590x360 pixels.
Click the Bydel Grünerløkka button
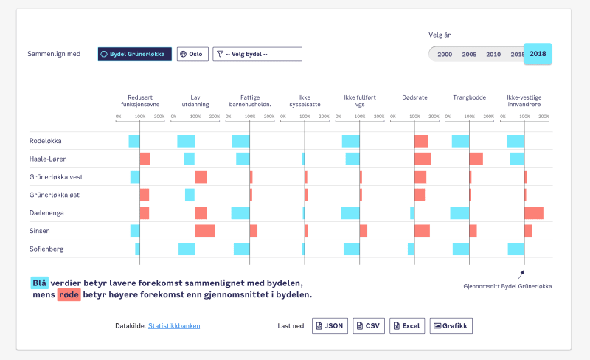(135, 54)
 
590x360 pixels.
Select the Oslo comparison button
(192, 54)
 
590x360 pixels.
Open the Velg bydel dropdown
(257, 54)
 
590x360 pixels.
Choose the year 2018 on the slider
(538, 54)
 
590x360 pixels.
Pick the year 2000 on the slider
(445, 55)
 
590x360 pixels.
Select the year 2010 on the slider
(493, 55)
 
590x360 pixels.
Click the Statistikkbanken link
(174, 325)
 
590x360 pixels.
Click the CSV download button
(369, 325)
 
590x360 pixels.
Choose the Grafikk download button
(451, 325)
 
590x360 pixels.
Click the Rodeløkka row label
(46, 141)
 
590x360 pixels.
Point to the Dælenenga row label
(46, 212)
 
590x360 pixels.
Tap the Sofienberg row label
(46, 249)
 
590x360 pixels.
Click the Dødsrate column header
(414, 97)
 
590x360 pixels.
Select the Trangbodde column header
(469, 97)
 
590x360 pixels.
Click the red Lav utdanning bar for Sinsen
(205, 231)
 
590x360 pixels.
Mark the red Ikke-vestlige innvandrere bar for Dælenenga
(533, 213)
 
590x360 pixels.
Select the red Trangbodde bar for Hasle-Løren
(476, 159)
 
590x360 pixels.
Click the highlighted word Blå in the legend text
(39, 283)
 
